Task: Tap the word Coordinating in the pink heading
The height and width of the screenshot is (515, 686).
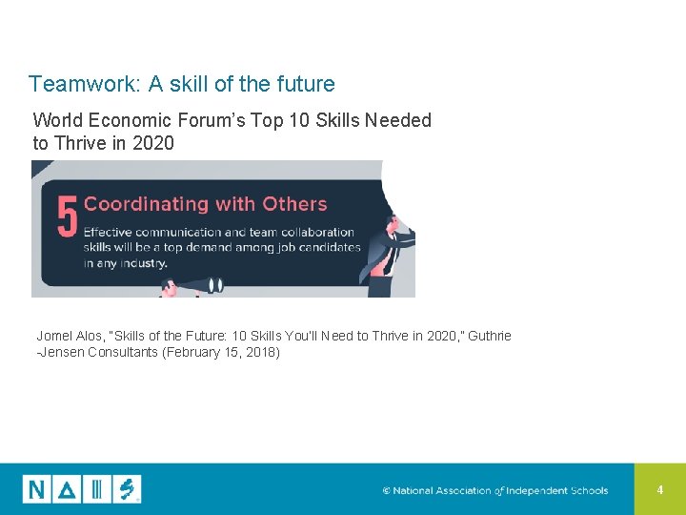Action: point(146,204)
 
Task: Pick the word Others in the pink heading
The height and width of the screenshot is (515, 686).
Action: point(295,204)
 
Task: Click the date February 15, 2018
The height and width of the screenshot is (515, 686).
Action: point(233,352)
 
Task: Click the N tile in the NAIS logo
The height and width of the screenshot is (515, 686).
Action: point(37,489)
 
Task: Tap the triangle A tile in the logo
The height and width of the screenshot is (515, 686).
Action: point(68,489)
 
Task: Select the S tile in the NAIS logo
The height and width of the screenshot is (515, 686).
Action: point(127,489)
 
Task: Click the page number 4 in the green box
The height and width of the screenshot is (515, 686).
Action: point(660,489)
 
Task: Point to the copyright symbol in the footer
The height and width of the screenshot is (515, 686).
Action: point(387,491)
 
